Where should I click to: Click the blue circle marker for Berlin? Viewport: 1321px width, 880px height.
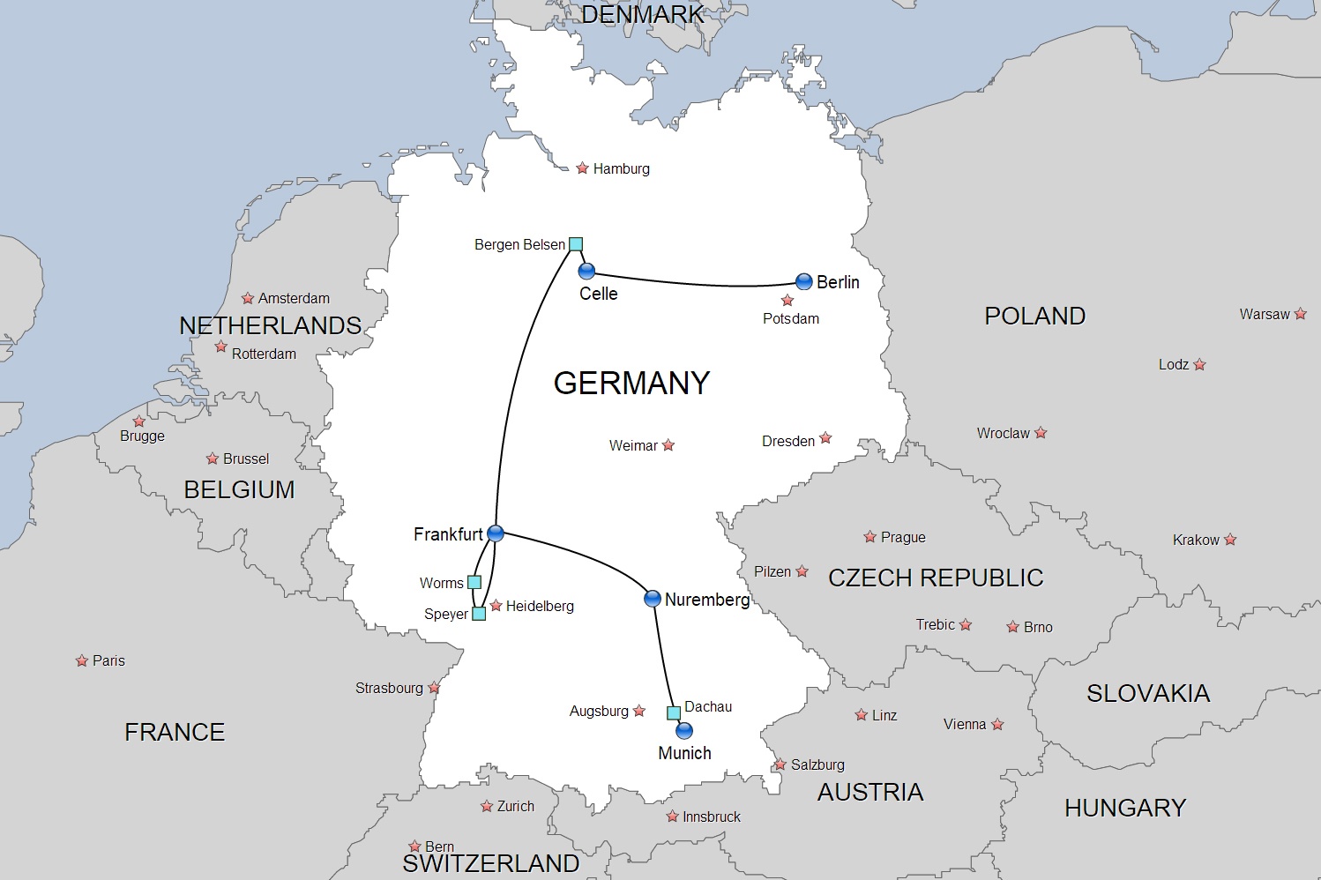point(803,282)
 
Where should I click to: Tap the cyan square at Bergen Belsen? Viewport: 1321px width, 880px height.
point(576,244)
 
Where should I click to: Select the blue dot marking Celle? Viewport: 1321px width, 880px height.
point(586,271)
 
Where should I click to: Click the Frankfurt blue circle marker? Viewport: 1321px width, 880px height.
point(496,533)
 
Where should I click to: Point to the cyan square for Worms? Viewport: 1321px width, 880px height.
point(474,582)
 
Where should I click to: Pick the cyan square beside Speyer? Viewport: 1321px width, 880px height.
point(479,614)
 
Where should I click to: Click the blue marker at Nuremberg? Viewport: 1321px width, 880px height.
point(653,599)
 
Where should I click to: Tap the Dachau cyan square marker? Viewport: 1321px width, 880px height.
point(674,712)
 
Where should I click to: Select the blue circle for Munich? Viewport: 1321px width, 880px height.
point(684,731)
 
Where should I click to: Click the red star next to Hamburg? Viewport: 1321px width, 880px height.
point(582,168)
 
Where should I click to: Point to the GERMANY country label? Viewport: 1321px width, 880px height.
point(631,383)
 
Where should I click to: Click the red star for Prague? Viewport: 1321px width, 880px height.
point(869,537)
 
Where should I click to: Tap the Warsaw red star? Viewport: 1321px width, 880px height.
point(1301,314)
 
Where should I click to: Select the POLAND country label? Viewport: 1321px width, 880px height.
point(1034,316)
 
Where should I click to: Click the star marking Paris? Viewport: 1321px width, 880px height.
point(82,660)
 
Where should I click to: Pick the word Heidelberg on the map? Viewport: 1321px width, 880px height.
point(540,606)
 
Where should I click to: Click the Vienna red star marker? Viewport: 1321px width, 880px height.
point(997,725)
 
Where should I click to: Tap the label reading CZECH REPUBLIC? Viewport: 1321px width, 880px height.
point(936,578)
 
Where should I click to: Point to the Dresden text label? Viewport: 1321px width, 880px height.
point(788,441)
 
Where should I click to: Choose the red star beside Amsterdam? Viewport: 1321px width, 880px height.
point(248,298)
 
